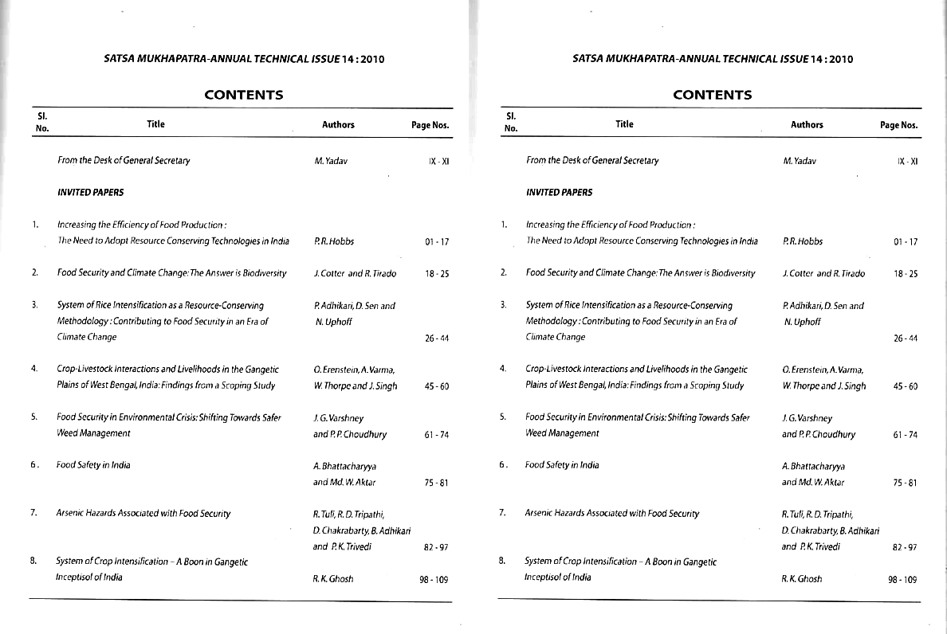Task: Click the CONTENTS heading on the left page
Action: pyautogui.click(x=243, y=95)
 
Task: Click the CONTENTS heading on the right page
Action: pyautogui.click(x=712, y=95)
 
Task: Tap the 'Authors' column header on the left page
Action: pyautogui.click(x=338, y=125)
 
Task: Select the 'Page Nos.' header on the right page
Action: pyautogui.click(x=898, y=125)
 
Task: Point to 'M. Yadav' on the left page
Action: pyautogui.click(x=331, y=161)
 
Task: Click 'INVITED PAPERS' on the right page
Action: pyautogui.click(x=559, y=192)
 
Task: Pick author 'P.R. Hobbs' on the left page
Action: pyautogui.click(x=334, y=241)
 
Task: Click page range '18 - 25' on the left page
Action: pyautogui.click(x=437, y=274)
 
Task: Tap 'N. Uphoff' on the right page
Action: pyautogui.click(x=802, y=322)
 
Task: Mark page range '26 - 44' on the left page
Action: pyautogui.click(x=437, y=339)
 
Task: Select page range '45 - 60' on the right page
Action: pyautogui.click(x=906, y=386)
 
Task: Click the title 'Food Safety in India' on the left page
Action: pyautogui.click(x=93, y=465)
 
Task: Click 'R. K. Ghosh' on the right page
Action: pyautogui.click(x=802, y=579)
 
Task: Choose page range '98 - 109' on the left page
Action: pyautogui.click(x=434, y=580)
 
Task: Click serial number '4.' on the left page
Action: pyautogui.click(x=34, y=369)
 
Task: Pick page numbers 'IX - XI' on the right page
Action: pyautogui.click(x=907, y=162)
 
